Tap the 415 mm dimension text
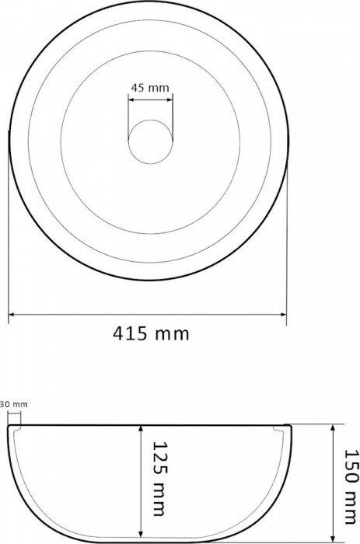(x=151, y=334)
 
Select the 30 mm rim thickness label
(x=13, y=404)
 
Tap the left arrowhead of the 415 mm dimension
(x=12, y=315)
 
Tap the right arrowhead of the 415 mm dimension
(x=285, y=315)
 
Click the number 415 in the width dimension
(x=131, y=334)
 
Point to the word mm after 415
(x=172, y=334)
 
